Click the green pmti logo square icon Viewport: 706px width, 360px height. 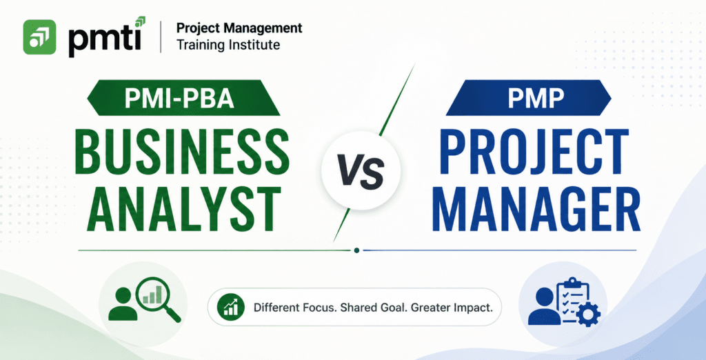[x=39, y=37]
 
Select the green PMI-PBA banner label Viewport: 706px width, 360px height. [x=183, y=98]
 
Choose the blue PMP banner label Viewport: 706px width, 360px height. [x=528, y=98]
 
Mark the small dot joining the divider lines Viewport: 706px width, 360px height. [x=356, y=250]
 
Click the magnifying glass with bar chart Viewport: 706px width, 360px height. [x=159, y=297]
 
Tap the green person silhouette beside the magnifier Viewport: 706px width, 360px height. [x=123, y=303]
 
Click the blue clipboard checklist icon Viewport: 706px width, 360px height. [x=571, y=298]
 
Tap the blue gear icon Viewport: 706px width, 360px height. [x=588, y=315]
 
